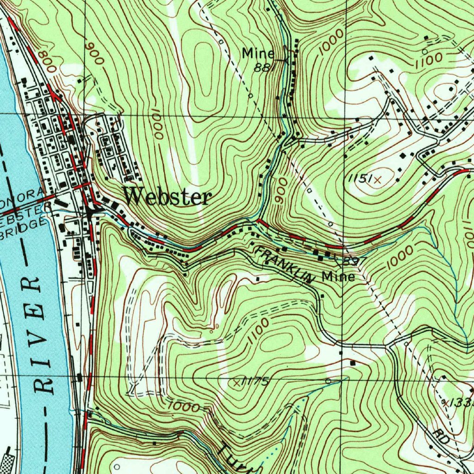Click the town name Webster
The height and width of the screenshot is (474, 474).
coord(168,197)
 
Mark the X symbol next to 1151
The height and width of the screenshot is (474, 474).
coord(378,180)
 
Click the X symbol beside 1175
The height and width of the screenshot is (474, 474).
coord(237,383)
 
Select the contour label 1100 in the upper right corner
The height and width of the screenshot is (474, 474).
coord(429,60)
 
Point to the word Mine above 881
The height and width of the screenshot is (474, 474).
coord(258,54)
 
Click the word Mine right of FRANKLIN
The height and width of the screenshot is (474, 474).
coord(339,277)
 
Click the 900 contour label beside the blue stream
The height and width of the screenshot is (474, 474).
coord(279,190)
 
